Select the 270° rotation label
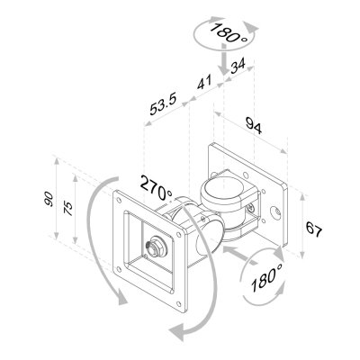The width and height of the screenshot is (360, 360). click(x=156, y=185)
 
